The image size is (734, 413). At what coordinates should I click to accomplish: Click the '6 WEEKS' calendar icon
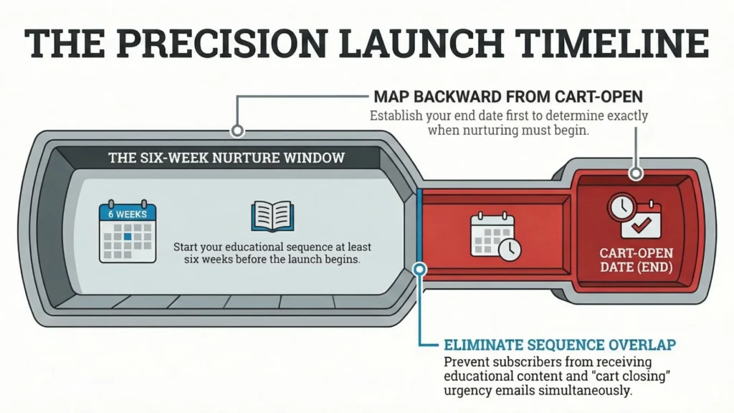(x=127, y=232)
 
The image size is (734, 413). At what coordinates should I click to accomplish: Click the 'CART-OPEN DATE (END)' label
(x=635, y=261)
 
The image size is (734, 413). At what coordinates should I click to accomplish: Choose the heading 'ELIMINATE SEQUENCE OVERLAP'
(x=560, y=346)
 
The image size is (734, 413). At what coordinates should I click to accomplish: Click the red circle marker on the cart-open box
(x=634, y=174)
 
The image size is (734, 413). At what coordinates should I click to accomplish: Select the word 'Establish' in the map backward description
(x=395, y=115)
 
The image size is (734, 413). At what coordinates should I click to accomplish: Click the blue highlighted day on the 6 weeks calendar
(x=127, y=235)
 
